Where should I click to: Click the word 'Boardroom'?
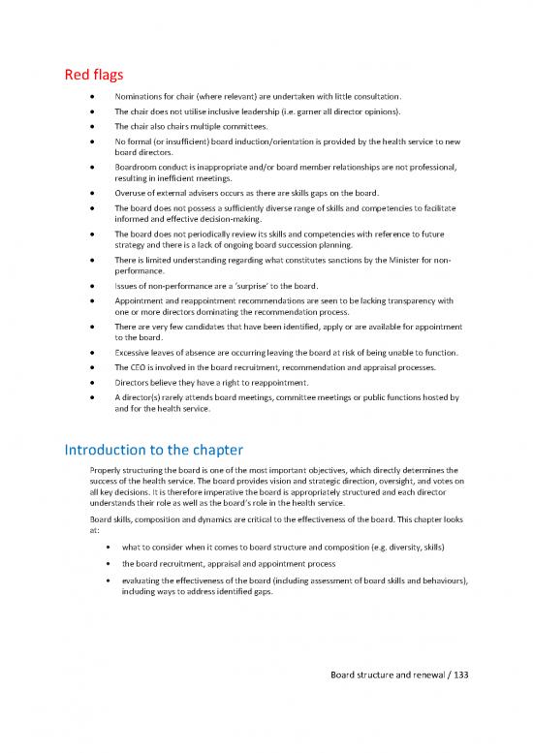tap(140, 167)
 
